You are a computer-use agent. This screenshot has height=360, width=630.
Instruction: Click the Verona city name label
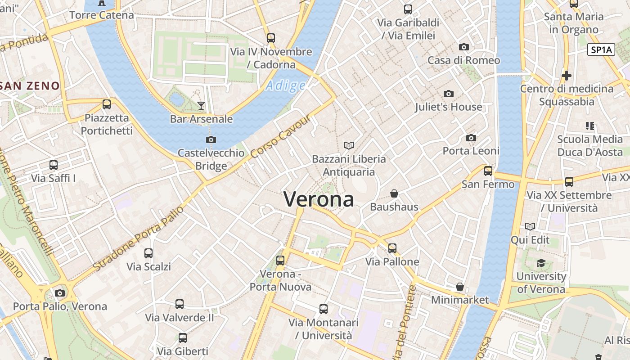(x=319, y=199)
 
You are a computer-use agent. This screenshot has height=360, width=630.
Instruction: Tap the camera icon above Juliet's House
(x=448, y=94)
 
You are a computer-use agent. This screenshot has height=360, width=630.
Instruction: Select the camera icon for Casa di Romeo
(x=463, y=47)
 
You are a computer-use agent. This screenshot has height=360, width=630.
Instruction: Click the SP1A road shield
(x=601, y=50)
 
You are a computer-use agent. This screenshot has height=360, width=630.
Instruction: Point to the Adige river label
(x=285, y=85)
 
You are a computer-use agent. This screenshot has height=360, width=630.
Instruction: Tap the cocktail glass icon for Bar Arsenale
(x=201, y=106)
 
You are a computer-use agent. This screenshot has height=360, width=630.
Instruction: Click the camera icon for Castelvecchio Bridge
(x=211, y=139)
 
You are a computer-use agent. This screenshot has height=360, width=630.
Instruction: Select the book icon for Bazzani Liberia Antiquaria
(x=348, y=145)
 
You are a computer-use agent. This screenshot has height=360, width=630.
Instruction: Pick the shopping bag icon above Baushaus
(x=394, y=193)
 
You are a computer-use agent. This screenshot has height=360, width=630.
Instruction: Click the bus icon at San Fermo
(x=488, y=171)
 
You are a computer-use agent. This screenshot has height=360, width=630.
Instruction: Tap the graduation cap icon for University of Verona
(x=541, y=263)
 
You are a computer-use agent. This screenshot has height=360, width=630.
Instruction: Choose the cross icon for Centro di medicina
(x=566, y=75)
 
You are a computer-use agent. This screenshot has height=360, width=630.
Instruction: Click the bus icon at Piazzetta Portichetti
(x=107, y=104)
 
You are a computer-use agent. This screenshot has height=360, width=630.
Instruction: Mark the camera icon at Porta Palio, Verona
(x=59, y=293)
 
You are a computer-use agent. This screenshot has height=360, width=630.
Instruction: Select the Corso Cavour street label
(x=281, y=136)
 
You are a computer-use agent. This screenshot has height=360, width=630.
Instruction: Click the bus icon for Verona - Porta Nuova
(x=280, y=260)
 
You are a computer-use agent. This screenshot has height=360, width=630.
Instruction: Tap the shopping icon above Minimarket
(x=459, y=287)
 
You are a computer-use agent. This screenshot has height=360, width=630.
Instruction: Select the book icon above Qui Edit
(x=530, y=226)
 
